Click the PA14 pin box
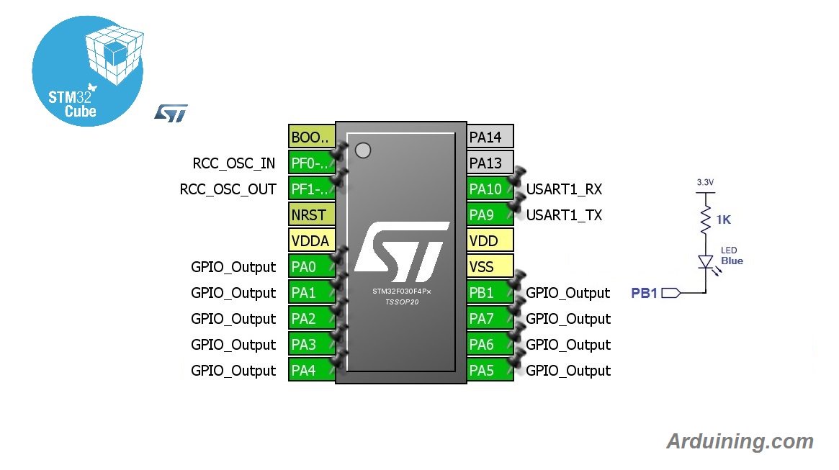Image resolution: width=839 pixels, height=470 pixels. coord(490,137)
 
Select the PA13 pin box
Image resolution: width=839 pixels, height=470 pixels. coord(490,163)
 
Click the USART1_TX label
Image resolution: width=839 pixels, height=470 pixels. coord(564,215)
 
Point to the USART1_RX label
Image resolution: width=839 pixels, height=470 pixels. coord(564,189)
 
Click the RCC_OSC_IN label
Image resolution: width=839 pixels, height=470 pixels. coord(234,163)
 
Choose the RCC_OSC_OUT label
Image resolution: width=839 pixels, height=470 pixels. coord(228,189)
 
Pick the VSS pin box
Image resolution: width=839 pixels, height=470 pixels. coord(490,266)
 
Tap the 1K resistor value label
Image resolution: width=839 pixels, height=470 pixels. coord(722,220)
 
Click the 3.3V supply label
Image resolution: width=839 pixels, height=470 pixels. coord(705,183)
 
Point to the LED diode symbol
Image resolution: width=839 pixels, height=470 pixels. coord(706,261)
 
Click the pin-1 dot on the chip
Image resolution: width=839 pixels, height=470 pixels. coord(363,150)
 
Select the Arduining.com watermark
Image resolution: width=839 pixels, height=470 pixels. coord(740,441)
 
